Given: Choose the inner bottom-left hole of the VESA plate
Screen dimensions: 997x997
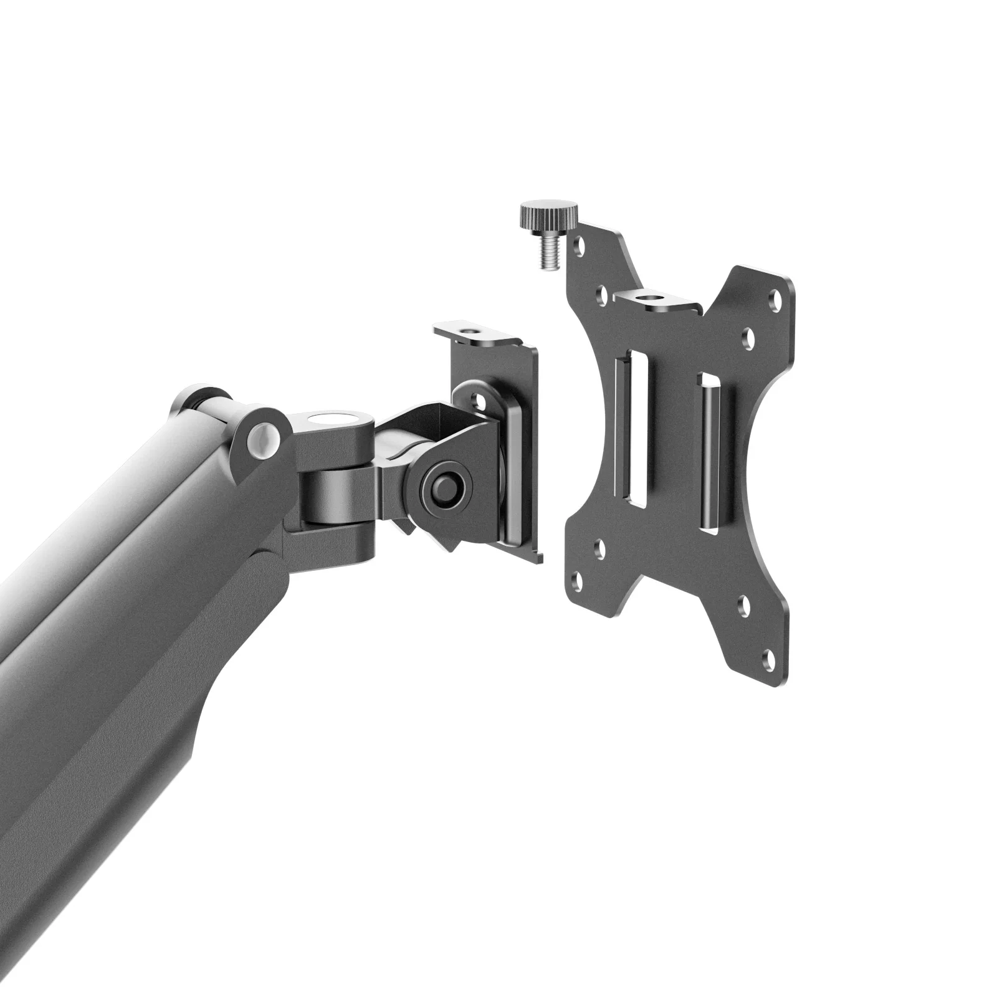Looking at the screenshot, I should (x=601, y=548).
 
